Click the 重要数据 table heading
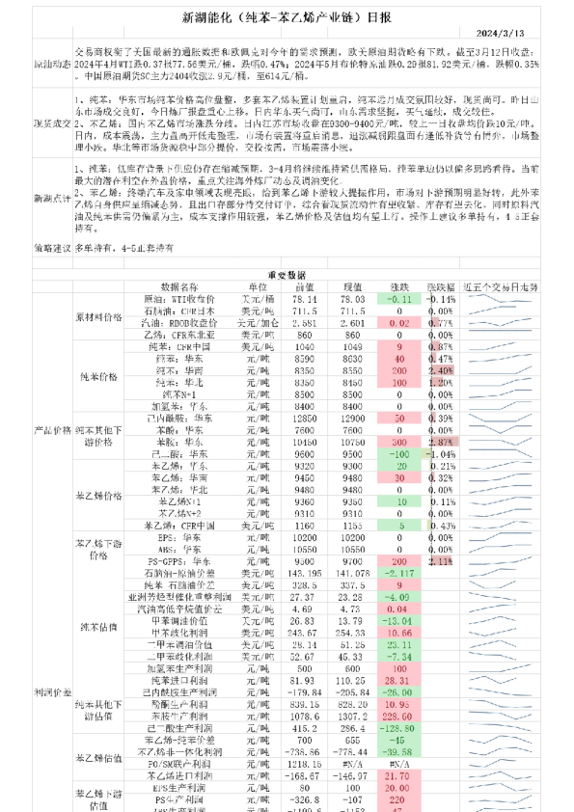pos(286,274)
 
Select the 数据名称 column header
pos(179,286)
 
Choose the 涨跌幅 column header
pos(441,286)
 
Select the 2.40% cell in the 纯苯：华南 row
pos(441,369)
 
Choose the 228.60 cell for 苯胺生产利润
pos(396,717)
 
